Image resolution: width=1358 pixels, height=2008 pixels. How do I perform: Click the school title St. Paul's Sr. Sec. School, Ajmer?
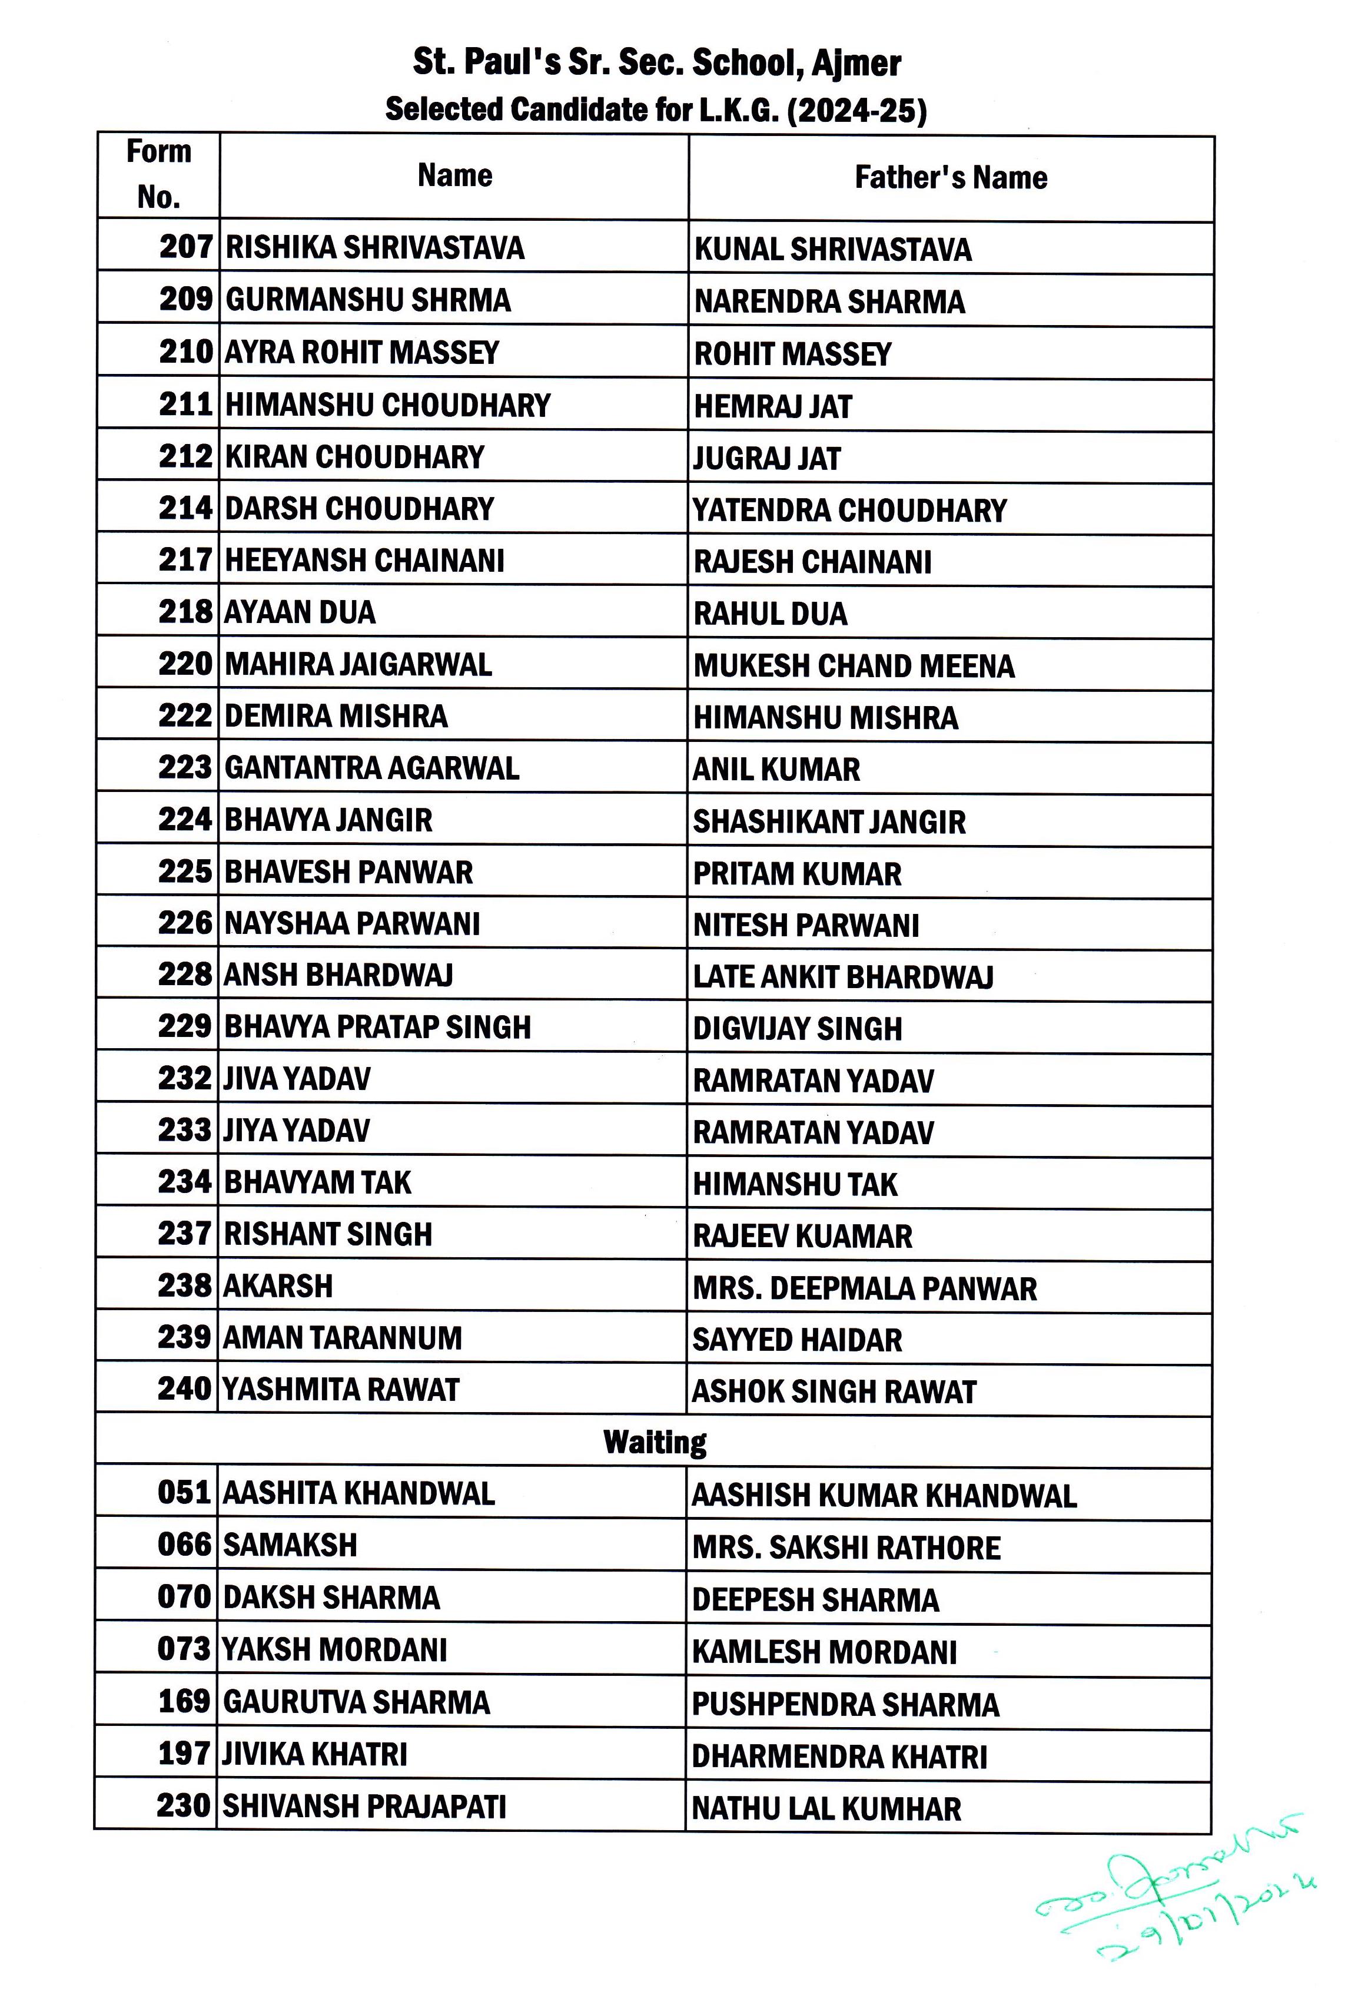[x=656, y=63]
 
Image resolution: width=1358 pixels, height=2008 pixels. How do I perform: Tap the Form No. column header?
[x=158, y=174]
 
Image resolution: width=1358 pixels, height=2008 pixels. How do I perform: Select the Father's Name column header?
[x=950, y=178]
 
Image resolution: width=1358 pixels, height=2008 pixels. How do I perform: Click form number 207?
[x=186, y=247]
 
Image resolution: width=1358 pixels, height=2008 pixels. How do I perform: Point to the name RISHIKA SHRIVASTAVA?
[x=374, y=248]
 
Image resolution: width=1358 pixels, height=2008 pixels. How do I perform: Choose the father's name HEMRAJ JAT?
[x=772, y=406]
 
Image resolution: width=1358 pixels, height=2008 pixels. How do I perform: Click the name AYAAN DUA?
[x=300, y=612]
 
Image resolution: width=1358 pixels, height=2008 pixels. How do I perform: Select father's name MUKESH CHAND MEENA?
[x=854, y=666]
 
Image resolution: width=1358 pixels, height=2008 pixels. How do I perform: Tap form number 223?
[x=185, y=767]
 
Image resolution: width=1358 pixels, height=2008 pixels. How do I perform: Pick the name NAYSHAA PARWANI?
[x=351, y=924]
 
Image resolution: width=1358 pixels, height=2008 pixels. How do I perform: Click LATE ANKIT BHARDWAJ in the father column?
[x=842, y=978]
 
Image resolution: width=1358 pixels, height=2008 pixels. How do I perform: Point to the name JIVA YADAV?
[x=296, y=1079]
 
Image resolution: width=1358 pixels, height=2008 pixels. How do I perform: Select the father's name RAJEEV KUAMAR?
[x=802, y=1237]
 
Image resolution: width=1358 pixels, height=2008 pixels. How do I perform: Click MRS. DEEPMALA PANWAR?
[x=864, y=1289]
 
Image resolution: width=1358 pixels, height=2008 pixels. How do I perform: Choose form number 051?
[x=184, y=1493]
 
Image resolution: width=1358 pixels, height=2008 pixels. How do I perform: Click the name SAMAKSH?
[x=290, y=1546]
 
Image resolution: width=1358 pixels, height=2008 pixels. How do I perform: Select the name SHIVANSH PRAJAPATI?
[x=364, y=1807]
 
